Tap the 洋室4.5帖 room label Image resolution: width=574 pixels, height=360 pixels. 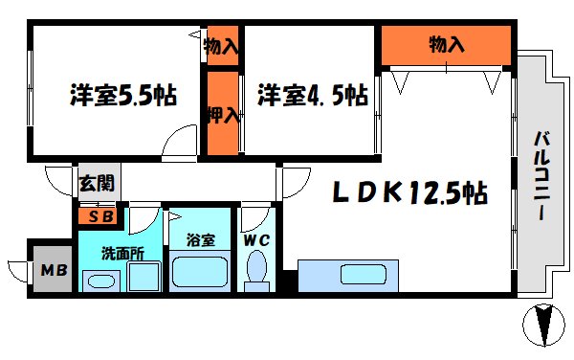pyautogui.click(x=312, y=96)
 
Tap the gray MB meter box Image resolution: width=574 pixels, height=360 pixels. pyautogui.click(x=53, y=269)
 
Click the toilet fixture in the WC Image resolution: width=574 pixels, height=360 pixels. pyautogui.click(x=256, y=271)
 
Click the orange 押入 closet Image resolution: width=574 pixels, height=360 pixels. pyautogui.click(x=223, y=114)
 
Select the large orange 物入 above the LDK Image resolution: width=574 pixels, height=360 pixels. pyautogui.click(x=446, y=44)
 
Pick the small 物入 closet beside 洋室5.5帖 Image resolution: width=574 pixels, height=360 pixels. pyautogui.click(x=223, y=44)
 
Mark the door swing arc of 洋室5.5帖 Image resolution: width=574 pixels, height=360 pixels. pyautogui.click(x=179, y=146)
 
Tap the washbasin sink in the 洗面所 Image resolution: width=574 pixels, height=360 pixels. pyautogui.click(x=99, y=281)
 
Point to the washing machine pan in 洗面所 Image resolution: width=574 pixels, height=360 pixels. pyautogui.click(x=143, y=279)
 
